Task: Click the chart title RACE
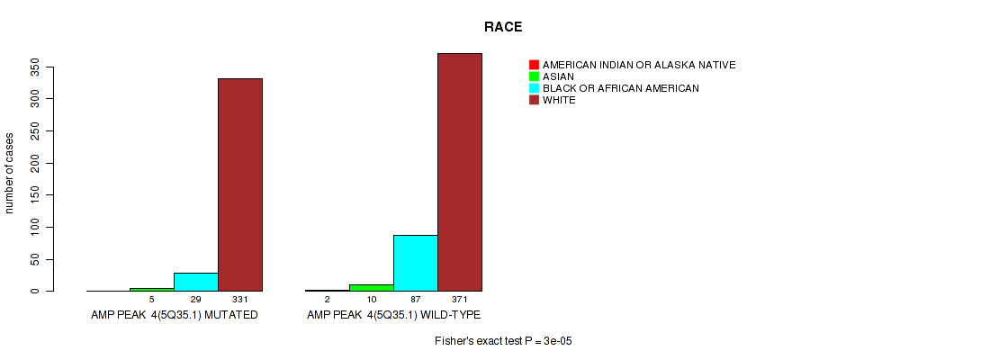tap(503, 26)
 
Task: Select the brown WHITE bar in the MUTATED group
tap(240, 184)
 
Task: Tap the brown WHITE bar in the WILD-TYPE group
tap(460, 172)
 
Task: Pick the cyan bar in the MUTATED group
tap(196, 282)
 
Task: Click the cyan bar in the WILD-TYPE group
tap(416, 263)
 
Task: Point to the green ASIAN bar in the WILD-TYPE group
tap(372, 288)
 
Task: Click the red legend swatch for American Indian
tap(534, 65)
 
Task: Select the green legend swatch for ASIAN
tap(534, 76)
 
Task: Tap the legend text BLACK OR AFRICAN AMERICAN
tap(621, 88)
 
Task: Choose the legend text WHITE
tap(559, 100)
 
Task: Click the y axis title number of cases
tap(9, 172)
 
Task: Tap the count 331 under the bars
tap(239, 301)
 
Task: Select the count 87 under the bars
tap(416, 301)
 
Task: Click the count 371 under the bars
tap(460, 301)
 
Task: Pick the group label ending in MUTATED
tap(174, 315)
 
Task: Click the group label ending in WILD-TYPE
tap(393, 315)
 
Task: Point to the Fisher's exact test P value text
tap(504, 341)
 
